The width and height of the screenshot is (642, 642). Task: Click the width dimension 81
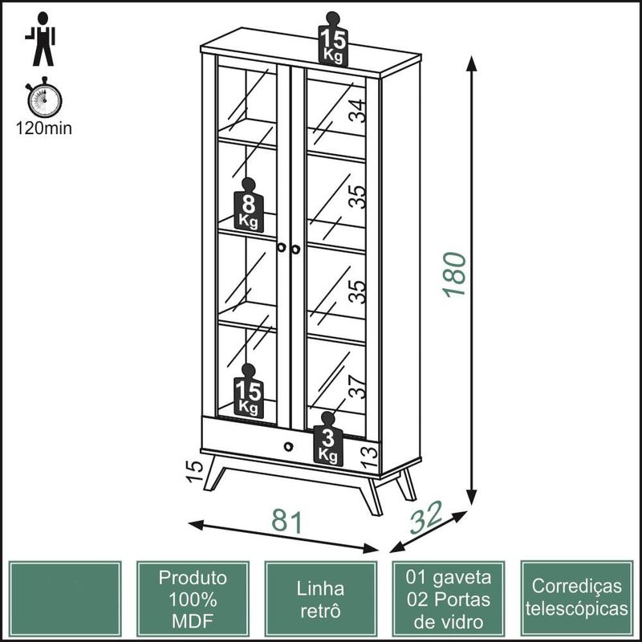[x=286, y=521]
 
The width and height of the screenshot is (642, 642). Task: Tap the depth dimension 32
[x=425, y=518]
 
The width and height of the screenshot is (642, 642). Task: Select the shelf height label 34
[x=357, y=111]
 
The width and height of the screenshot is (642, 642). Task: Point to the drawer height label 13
[x=369, y=453]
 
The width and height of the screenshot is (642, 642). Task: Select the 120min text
[x=44, y=128]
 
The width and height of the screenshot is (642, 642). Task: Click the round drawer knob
[x=288, y=446]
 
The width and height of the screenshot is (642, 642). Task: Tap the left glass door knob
[x=282, y=249]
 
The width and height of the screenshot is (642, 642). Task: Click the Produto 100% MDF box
[x=193, y=599]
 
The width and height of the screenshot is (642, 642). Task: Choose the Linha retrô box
[x=320, y=599]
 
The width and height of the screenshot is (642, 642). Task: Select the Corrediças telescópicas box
[x=576, y=599]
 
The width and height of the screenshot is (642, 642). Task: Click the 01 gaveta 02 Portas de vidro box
[x=448, y=599]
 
